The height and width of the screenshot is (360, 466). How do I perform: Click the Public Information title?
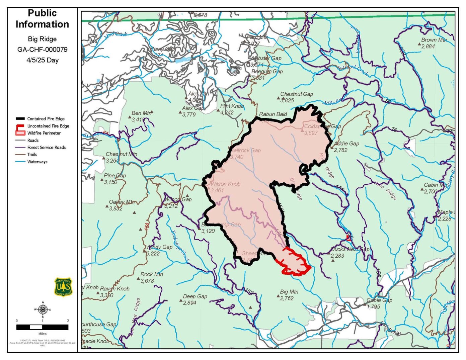tap(42, 19)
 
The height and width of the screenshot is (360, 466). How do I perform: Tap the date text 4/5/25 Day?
tap(42, 60)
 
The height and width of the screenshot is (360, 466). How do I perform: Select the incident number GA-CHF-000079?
tap(42, 50)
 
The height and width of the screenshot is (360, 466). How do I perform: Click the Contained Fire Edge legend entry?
tap(46, 119)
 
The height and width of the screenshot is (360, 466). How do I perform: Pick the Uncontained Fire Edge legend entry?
tap(48, 126)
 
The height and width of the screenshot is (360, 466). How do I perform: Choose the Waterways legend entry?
tap(37, 162)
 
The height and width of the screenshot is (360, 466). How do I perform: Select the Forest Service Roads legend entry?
tap(46, 148)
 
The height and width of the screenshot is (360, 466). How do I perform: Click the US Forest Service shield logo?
tap(63, 287)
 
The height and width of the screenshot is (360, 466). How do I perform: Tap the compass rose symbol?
tap(43, 309)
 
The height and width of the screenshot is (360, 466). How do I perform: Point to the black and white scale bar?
tap(42, 327)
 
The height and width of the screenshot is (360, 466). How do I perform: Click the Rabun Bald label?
tap(273, 114)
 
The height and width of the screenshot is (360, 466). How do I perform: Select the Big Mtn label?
tap(289, 292)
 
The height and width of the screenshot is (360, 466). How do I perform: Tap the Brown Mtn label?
tap(434, 40)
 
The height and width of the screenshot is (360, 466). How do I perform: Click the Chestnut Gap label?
tap(296, 94)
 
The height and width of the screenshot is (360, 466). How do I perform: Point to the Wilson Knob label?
tap(225, 184)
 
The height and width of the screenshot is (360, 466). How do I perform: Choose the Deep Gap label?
tap(195, 296)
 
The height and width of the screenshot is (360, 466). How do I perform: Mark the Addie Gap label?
tap(346, 144)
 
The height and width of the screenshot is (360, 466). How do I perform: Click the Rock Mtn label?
tap(152, 274)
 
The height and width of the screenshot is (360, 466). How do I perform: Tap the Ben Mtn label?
tap(142, 113)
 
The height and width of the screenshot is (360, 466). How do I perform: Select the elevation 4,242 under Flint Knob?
tap(227, 113)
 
